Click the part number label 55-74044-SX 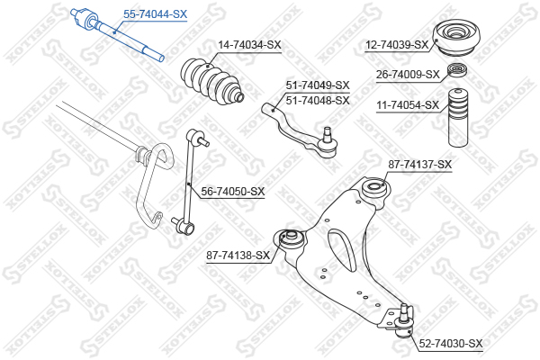coord(155,14)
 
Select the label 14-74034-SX coord(249,45)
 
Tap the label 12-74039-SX coord(397,45)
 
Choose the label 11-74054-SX coord(408,105)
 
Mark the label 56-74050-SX coord(233,191)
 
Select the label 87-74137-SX coord(419,164)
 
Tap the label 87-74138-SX coord(238,256)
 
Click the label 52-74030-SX coord(451,344)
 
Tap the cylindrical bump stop coord(457,120)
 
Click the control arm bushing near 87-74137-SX coord(373,190)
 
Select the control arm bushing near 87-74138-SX coord(290,239)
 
